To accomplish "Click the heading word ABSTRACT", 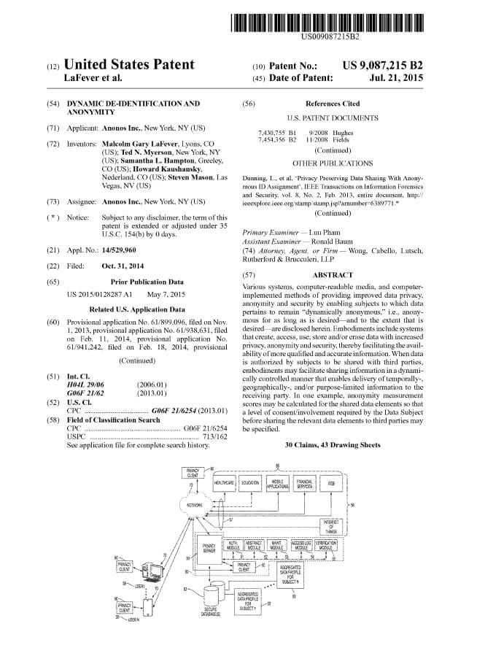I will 332,275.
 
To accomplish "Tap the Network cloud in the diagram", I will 195,505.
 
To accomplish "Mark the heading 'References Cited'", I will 332,104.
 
